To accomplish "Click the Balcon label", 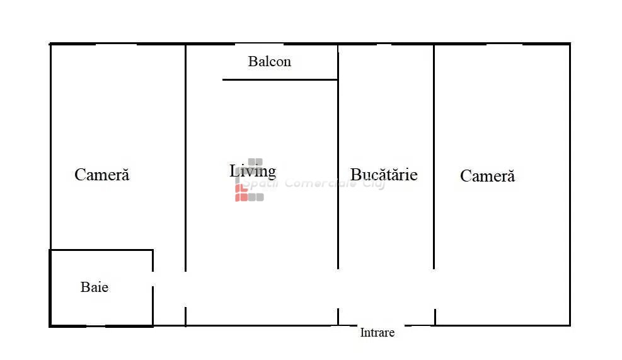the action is [269, 62].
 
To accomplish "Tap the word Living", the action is [253, 171].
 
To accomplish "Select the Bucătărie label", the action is [384, 175].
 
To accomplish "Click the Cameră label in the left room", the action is [102, 175].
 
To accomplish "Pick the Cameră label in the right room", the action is [488, 176].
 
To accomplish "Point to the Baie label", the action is [95, 287].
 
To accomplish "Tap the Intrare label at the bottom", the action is [377, 333].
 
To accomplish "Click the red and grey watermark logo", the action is [249, 180].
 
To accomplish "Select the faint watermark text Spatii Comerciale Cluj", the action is [313, 183].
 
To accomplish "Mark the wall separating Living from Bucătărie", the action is [338, 157].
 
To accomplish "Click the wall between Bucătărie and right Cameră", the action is [434, 157].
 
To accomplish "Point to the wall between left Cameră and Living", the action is [186, 158].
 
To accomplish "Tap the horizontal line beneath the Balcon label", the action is [280, 80].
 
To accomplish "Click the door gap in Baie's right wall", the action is [153, 279].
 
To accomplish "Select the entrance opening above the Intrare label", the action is [371, 325].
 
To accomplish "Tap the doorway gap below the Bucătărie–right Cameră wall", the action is [434, 289].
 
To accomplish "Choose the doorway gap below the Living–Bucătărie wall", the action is [338, 289].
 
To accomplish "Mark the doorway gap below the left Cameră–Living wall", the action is [186, 289].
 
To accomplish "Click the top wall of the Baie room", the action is [101, 250].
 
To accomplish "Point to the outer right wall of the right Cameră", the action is [570, 185].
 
